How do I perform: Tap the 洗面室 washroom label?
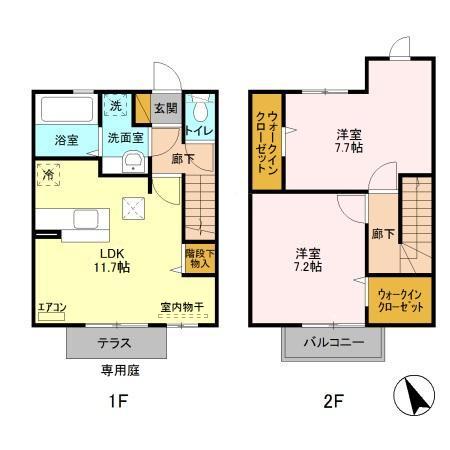126,138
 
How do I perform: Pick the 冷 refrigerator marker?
49,175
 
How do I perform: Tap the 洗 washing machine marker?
116,106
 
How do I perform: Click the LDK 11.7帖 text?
109,261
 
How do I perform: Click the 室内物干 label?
181,308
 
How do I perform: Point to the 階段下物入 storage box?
198,259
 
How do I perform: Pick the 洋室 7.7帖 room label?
349,140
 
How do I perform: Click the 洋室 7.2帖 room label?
308,259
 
